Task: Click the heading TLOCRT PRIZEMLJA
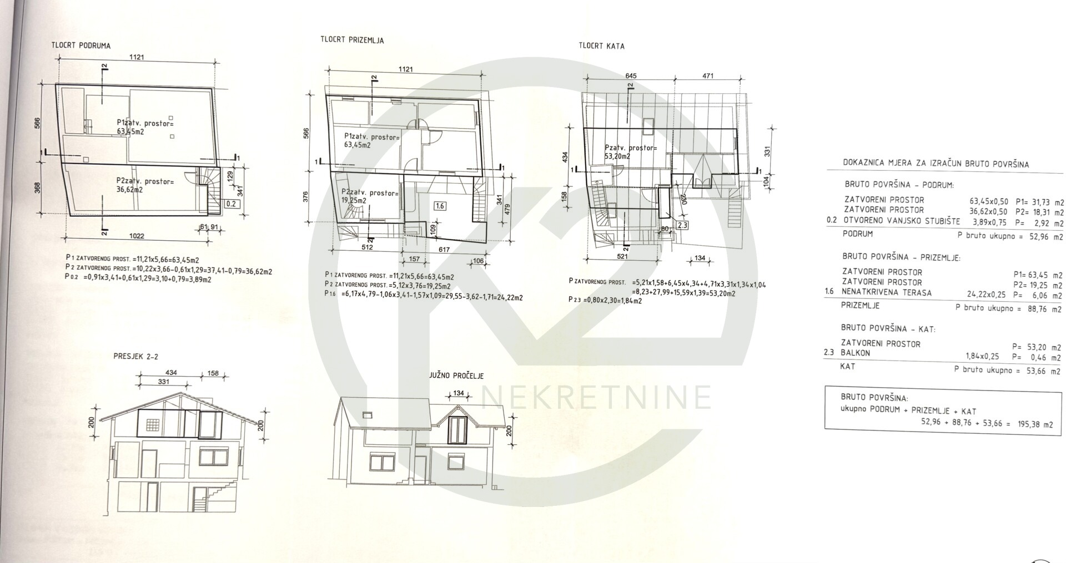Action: point(352,40)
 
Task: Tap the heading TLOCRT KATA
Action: point(601,46)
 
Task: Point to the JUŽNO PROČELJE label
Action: point(456,376)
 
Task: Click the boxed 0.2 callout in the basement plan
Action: point(231,204)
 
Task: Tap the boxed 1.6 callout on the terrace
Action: point(440,206)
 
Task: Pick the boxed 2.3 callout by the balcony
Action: point(682,225)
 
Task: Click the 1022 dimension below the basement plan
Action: point(137,236)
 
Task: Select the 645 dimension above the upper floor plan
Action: point(631,76)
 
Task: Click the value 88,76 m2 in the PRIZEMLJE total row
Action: point(1042,309)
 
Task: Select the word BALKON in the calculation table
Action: point(856,353)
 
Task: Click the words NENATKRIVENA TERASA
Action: point(887,292)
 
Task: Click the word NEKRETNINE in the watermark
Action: point(596,397)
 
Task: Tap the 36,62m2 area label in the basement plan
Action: point(129,189)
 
